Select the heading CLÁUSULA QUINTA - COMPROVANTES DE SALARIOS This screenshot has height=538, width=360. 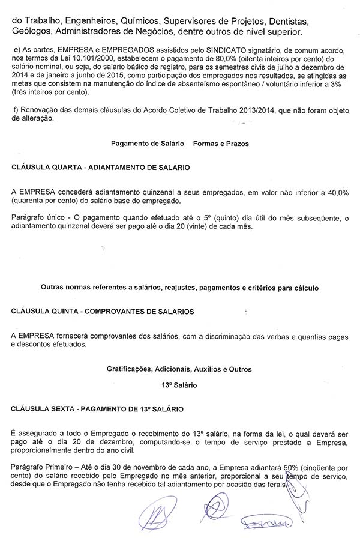click(103, 312)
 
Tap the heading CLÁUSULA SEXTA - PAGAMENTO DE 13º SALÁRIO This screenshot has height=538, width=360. click(98, 408)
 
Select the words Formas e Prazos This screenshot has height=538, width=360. click(220, 144)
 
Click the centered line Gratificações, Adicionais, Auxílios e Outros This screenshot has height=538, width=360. click(179, 368)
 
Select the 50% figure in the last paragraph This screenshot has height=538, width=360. click(272, 468)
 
